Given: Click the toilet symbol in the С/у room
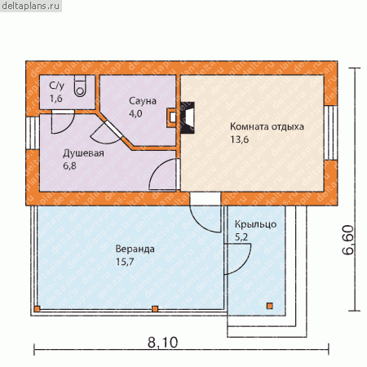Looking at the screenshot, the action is pos(80,86).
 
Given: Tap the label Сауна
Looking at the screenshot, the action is pos(143,101).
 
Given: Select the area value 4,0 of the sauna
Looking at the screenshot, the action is pos(135,113).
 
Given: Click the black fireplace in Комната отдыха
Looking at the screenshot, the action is pos(188,117).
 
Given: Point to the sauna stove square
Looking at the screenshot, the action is pos(172,117).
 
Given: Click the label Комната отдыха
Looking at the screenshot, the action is pos(267,126).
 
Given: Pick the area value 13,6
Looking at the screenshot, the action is pos(240,139).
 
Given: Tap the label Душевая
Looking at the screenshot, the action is pos(83,153).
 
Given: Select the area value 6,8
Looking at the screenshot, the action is pos(70,166).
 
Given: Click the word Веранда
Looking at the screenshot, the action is pos(135,249).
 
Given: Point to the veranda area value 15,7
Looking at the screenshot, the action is pos(125,262).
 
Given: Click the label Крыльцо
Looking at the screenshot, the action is pos(255,224).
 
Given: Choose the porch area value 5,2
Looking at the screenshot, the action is pos(241,237).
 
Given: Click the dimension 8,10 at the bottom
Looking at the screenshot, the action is pos(162,343).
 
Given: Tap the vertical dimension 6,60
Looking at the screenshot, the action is pos(348,240).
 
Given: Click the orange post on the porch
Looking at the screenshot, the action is pos(269,306).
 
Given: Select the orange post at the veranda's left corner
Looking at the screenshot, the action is pos(38,309).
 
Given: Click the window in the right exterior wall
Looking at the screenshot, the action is pos(331,133).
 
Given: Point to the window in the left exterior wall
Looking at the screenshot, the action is pos(33,133).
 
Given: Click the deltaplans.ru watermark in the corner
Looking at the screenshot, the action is pos(31,6).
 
